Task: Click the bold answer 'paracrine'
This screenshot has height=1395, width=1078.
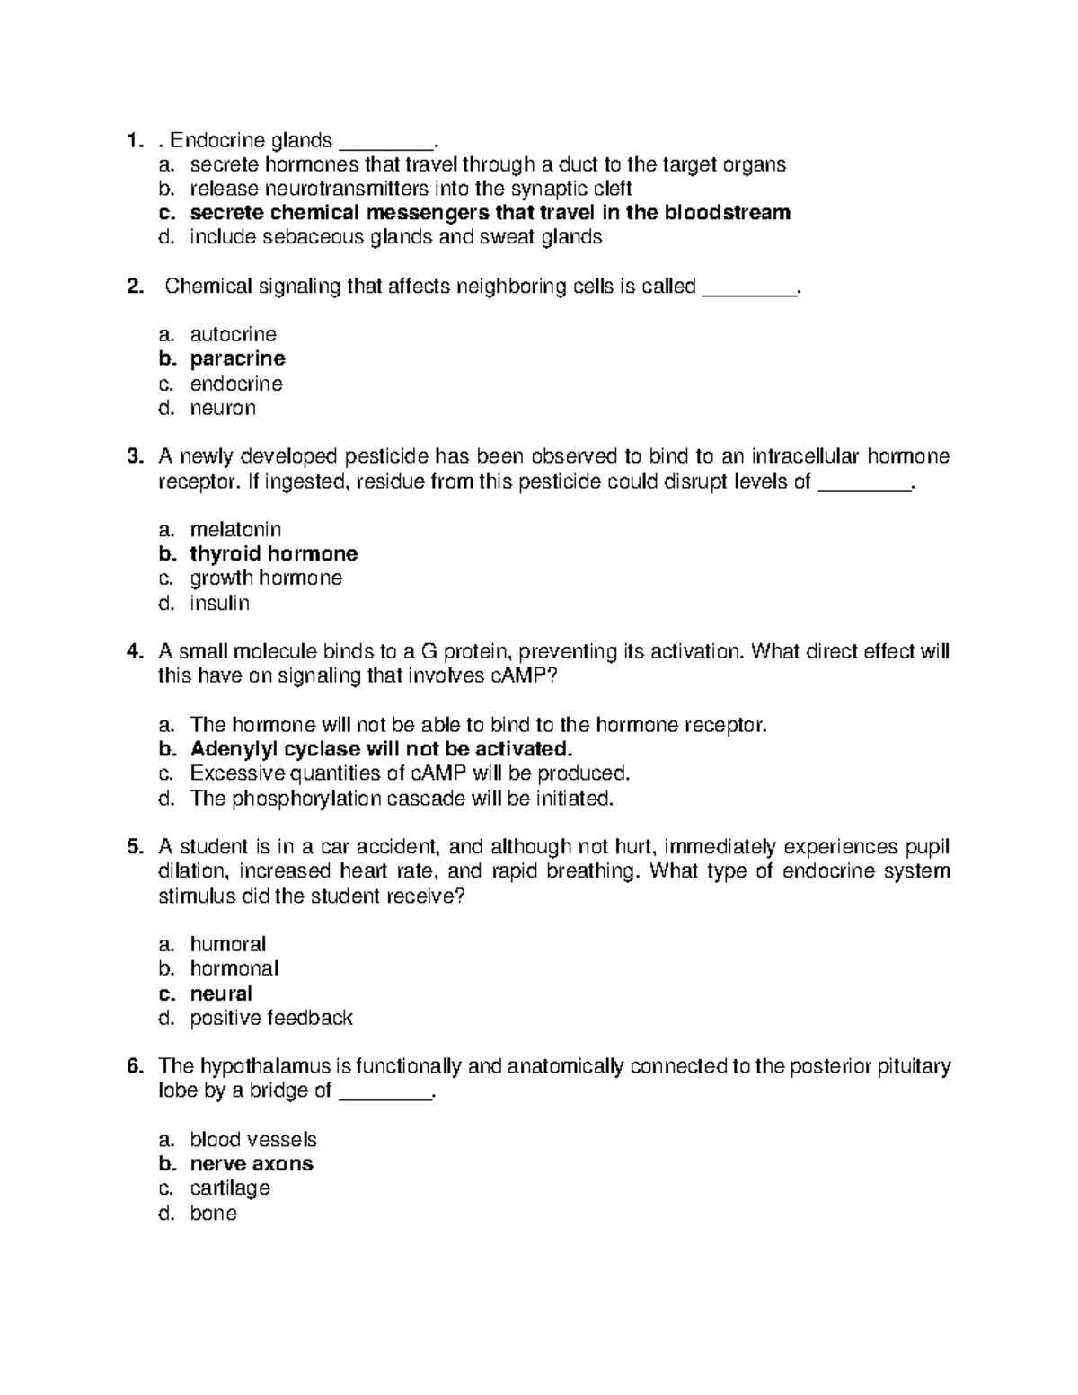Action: coord(237,358)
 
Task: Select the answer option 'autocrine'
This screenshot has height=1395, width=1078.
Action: coord(233,334)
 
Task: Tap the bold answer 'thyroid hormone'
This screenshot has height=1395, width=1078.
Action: coord(273,553)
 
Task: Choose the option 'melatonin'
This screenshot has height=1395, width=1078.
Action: coord(235,529)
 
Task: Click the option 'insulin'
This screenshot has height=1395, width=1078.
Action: coord(219,603)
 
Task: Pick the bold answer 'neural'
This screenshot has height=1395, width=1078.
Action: coord(220,993)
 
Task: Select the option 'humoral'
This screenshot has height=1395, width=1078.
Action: coord(227,944)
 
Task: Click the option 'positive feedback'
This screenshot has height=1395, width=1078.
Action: coord(270,1018)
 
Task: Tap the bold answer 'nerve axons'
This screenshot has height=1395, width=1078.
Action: coord(252,1164)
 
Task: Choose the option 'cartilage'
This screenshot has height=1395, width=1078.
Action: coord(229,1188)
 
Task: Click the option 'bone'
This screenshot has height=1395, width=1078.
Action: coord(213,1214)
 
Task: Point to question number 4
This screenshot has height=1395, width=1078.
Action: coord(135,651)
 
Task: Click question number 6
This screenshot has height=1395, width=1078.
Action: coord(135,1066)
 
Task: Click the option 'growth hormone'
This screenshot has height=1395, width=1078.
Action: coord(266,578)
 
